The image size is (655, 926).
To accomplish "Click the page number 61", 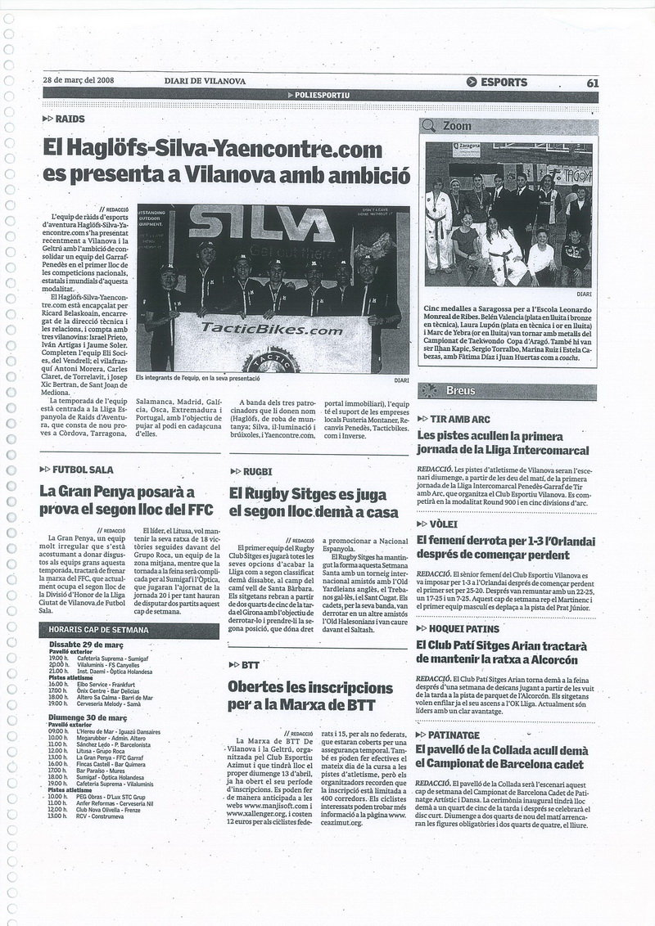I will [x=592, y=82].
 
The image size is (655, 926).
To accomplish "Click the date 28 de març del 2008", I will [x=79, y=81].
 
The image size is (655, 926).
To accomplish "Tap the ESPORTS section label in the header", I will [x=503, y=82].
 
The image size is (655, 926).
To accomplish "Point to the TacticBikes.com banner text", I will [x=260, y=330].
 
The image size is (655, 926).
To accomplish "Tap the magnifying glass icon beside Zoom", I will [x=428, y=126].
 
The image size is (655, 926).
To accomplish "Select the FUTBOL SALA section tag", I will [x=83, y=470].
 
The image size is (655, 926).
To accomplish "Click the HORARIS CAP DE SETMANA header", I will [x=98, y=630].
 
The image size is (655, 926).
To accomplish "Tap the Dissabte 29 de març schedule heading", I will [x=86, y=645].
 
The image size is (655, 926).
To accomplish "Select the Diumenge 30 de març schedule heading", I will [x=86, y=717].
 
